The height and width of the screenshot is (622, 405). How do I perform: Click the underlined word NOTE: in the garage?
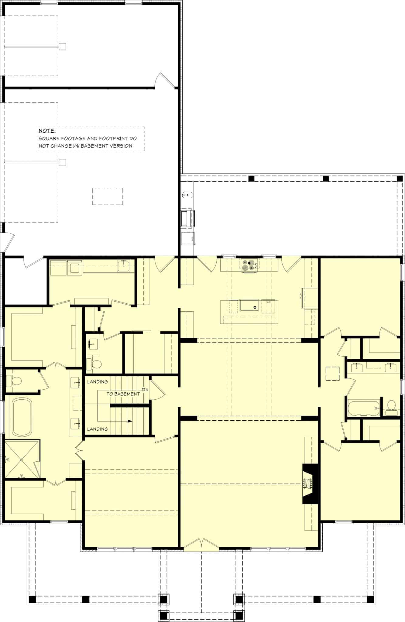click(x=47, y=131)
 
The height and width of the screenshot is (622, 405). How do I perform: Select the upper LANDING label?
click(x=97, y=382)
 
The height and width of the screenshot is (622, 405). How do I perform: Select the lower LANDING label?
click(x=97, y=429)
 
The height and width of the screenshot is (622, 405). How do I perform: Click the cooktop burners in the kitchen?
click(x=249, y=265)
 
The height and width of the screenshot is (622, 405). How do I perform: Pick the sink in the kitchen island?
click(x=249, y=305)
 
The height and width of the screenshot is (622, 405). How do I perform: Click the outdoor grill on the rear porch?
click(x=188, y=218)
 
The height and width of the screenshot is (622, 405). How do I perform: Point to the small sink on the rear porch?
click(x=187, y=195)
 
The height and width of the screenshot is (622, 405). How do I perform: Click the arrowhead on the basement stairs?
click(x=130, y=422)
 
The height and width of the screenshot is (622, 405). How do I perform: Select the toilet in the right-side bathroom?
click(x=392, y=405)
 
